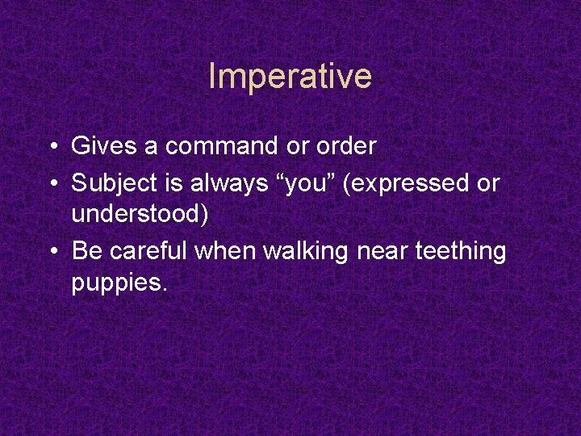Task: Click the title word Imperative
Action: click(x=290, y=77)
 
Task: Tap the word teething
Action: click(x=461, y=253)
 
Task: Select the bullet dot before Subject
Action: click(x=51, y=184)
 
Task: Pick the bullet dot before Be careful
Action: click(x=51, y=253)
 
